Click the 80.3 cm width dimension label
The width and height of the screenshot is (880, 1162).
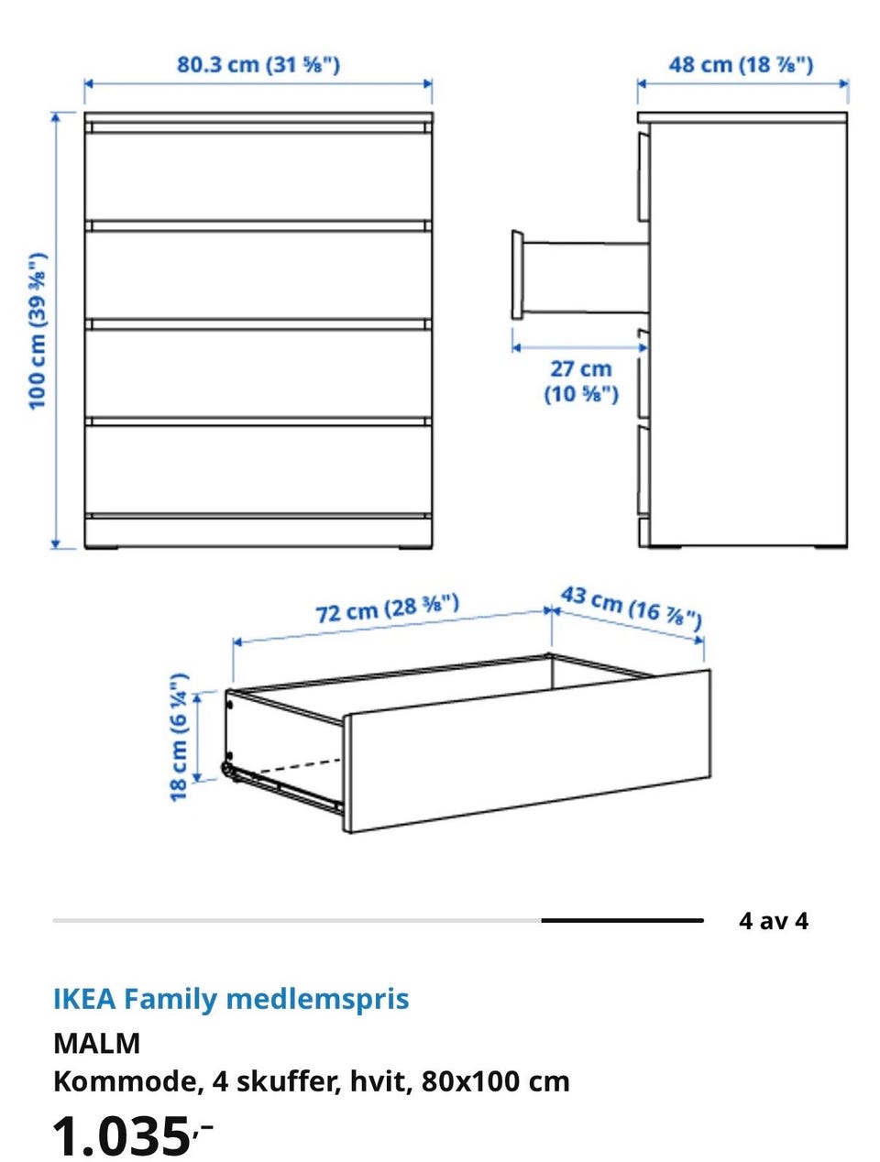coord(258,64)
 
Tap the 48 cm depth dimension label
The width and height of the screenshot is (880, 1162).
coord(741,64)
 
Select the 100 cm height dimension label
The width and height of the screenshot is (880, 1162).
coord(38,332)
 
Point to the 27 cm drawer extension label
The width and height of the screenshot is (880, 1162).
coord(581,381)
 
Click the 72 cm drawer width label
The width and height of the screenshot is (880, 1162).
coord(387,608)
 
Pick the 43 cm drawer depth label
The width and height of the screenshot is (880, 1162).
coord(632,608)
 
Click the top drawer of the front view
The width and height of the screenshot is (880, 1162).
coord(258,177)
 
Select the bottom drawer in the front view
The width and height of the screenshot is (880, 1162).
coord(258,469)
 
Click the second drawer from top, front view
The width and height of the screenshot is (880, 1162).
coord(258,275)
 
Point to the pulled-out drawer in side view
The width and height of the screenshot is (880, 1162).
coord(579,276)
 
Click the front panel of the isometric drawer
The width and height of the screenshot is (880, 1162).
coord(527,751)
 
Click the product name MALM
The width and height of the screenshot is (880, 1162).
coord(97,1043)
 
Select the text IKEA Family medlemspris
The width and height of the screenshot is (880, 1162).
coord(231,999)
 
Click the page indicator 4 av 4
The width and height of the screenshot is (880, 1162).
coord(774,921)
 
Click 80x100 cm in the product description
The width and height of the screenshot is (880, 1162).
coord(496,1082)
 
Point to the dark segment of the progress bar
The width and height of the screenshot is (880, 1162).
coord(622,921)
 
